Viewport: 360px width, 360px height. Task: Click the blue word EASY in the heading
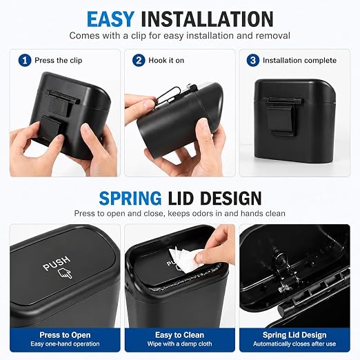click(110, 19)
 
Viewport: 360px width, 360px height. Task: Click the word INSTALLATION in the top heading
click(207, 19)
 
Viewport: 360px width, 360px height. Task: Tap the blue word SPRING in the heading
click(130, 198)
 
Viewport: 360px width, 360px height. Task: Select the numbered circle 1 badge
click(25, 60)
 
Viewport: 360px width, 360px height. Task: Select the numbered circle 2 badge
click(139, 60)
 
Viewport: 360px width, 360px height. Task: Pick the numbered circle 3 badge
click(253, 60)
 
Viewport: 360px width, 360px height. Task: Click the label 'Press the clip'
click(59, 61)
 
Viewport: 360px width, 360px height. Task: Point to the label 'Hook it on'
click(166, 61)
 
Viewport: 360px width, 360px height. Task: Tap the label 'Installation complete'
click(299, 61)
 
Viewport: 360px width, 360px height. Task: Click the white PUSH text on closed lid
click(57, 263)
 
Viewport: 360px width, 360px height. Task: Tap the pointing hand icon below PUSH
click(65, 273)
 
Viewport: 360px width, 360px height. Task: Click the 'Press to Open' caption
click(65, 334)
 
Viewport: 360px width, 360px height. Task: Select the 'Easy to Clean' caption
click(179, 334)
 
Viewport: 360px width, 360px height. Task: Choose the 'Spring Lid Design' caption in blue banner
click(294, 334)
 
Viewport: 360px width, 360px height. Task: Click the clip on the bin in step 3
click(283, 116)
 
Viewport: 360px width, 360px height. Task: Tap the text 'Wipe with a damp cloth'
click(179, 344)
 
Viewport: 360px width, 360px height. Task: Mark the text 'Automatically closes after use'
click(294, 344)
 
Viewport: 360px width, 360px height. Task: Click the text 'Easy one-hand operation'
click(65, 344)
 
